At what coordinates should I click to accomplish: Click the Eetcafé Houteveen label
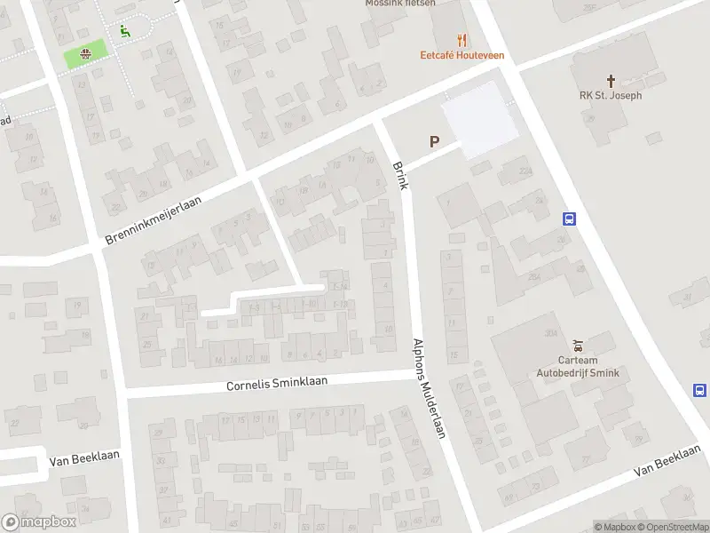tap(461, 55)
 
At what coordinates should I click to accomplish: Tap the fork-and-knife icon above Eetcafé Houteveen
tap(461, 39)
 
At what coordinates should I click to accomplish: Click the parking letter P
tap(434, 141)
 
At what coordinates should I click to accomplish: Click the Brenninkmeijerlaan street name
tap(154, 222)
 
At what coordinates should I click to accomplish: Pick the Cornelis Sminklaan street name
tap(277, 383)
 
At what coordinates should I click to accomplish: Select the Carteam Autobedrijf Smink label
tap(578, 367)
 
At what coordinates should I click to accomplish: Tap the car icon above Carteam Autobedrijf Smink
tap(578, 346)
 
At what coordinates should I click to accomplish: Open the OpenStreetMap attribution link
tap(671, 527)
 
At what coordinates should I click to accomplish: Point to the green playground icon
tap(124, 29)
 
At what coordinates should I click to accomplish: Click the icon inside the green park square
tap(85, 54)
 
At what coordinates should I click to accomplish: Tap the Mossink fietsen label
tap(400, 4)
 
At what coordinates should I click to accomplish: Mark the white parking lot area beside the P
tap(479, 119)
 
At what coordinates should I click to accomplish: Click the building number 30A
tap(550, 331)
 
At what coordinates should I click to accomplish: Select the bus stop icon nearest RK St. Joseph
tap(569, 219)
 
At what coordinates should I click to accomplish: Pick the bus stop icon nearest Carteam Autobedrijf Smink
tap(699, 390)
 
